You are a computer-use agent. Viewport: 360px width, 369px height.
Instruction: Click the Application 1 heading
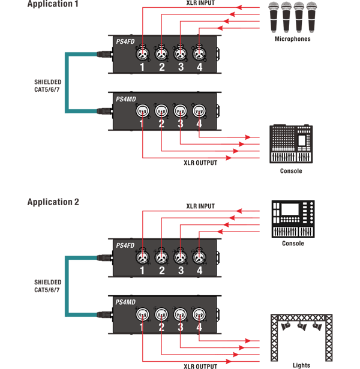[53, 4]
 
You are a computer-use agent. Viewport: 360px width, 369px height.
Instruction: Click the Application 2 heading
[53, 202]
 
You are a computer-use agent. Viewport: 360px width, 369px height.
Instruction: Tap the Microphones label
[292, 39]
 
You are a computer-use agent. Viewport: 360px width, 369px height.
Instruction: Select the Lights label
[301, 365]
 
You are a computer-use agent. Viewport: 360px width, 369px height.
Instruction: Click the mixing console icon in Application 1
[291, 144]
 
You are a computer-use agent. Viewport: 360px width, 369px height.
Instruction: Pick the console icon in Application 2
[293, 219]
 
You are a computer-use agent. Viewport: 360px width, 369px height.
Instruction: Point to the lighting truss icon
[301, 337]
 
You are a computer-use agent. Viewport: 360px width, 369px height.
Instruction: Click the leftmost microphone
[274, 17]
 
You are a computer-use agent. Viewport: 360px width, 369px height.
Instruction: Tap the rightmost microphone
[311, 17]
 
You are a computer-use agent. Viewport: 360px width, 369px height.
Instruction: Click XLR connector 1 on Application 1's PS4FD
[143, 53]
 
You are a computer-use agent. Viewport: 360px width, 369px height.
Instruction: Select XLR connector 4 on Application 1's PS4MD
[199, 111]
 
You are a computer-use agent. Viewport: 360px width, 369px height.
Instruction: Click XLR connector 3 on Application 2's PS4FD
[180, 257]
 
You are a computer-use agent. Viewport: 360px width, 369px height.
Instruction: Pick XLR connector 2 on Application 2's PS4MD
[161, 314]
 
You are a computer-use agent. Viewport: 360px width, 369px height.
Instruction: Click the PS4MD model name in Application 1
[126, 99]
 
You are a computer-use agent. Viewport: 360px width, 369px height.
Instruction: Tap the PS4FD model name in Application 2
[125, 245]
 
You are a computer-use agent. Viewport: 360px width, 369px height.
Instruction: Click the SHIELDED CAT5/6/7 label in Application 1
[48, 86]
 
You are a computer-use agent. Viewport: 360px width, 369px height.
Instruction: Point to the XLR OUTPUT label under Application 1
[200, 163]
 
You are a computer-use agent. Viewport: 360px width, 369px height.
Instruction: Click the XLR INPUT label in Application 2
[200, 206]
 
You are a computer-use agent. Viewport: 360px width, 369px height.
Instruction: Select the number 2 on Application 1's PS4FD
[161, 67]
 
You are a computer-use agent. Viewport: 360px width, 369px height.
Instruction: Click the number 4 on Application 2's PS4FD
[200, 271]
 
